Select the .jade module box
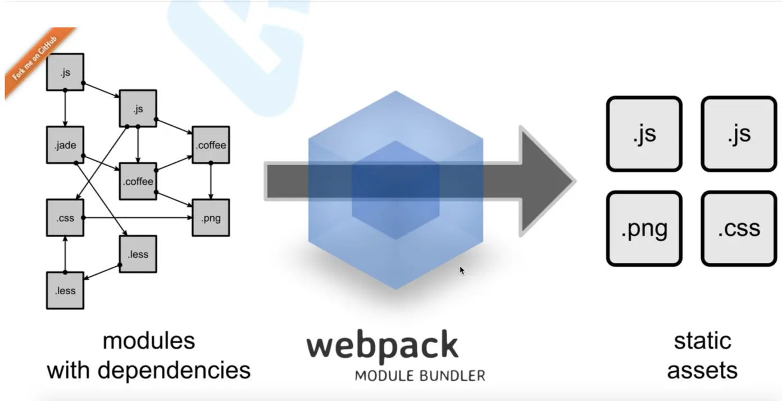65,145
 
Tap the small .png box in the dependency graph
211,218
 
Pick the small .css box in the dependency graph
65,218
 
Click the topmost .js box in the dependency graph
65,72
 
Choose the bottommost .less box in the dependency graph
65,290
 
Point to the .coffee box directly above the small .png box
211,145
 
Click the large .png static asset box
644,229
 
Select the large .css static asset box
739,229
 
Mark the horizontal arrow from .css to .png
138,218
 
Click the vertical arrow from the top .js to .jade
65,108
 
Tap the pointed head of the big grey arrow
548,181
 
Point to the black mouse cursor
462,271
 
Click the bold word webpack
382,346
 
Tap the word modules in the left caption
149,341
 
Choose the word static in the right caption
702,341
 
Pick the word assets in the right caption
702,370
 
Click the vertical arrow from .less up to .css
65,254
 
